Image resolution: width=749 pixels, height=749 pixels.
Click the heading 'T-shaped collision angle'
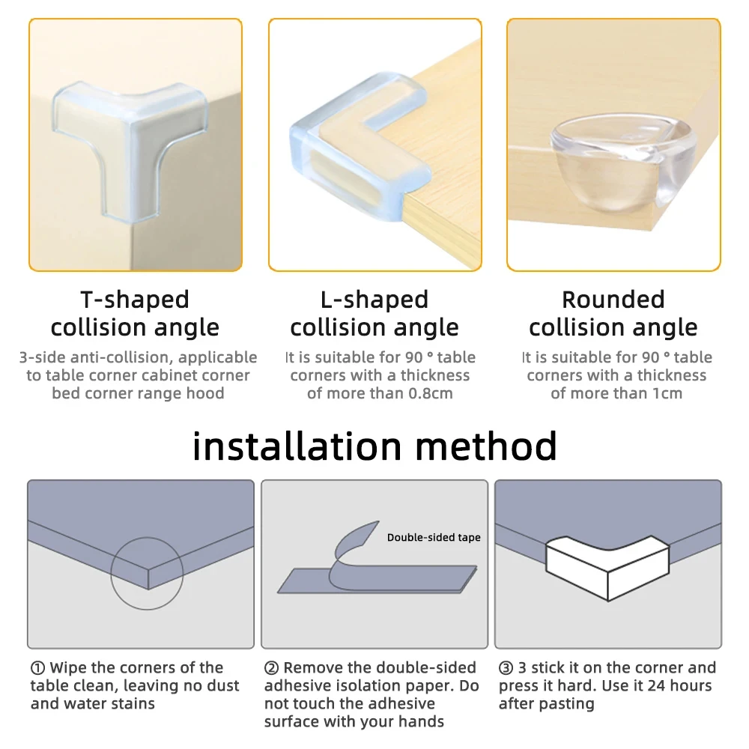[x=135, y=313]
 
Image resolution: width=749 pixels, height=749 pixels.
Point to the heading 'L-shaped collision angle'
[x=374, y=313]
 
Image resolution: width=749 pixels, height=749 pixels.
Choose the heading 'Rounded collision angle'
[x=613, y=313]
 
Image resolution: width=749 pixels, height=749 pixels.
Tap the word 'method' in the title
[x=486, y=446]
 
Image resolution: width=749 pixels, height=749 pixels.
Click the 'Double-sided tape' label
[x=434, y=537]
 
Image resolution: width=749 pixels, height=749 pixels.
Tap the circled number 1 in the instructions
[x=37, y=668]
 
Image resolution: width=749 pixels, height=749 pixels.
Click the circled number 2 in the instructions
[x=271, y=668]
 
